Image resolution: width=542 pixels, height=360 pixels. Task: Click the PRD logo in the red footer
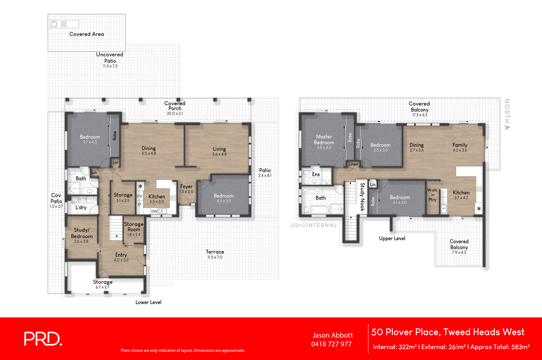pos(43,339)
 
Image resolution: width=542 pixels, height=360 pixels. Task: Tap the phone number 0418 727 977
pos(331,344)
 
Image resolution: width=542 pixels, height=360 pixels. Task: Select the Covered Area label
pos(86,34)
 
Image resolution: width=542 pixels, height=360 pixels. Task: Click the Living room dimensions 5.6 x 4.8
pos(219,154)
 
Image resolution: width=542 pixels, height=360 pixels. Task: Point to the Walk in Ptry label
pos(432,195)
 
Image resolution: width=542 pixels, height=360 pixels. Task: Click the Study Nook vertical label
pos(362,196)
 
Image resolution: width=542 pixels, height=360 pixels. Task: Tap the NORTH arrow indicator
pos(507,128)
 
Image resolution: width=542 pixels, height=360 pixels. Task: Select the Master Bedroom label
pos(324,140)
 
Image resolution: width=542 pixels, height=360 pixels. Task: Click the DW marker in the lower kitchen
pos(154,211)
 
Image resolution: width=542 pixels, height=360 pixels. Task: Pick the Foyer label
pos(186,186)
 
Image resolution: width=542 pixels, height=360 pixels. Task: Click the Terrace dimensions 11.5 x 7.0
pos(215,257)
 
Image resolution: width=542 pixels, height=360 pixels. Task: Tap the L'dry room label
pos(81,207)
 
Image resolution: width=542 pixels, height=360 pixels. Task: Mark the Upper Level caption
pos(392,238)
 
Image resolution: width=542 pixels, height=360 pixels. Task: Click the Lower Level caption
pos(148,302)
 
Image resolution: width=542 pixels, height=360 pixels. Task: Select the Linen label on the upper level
pos(353,164)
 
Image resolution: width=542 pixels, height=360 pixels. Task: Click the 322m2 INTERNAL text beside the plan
pos(314,225)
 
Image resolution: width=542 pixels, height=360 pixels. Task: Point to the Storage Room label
pos(134,227)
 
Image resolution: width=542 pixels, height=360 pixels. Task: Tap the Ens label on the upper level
pos(316,174)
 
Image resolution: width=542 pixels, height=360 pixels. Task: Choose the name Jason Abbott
pos(332,335)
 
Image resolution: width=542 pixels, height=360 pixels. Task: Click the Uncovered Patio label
pos(110,58)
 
